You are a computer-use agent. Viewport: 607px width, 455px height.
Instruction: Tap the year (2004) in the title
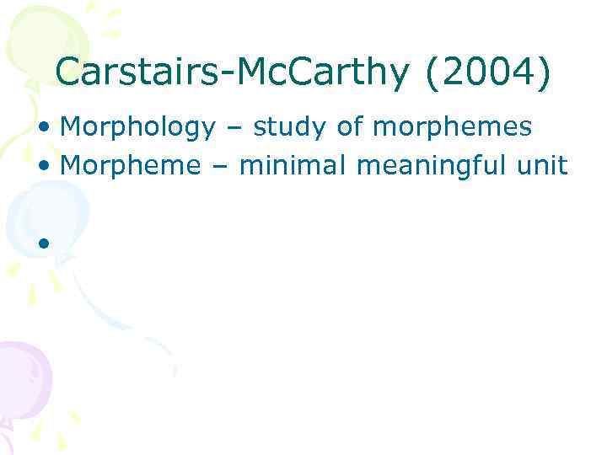(488, 73)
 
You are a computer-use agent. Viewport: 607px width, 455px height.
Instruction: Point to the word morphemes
(452, 127)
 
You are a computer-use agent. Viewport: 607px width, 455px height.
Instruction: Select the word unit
(545, 165)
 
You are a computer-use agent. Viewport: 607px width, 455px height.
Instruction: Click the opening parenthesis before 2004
(433, 73)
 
